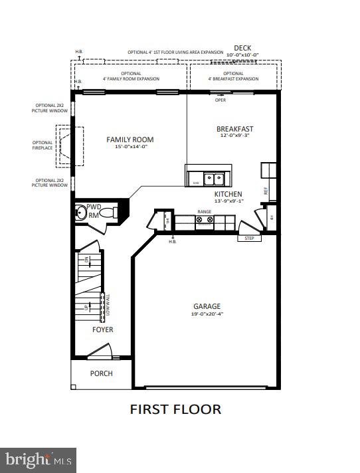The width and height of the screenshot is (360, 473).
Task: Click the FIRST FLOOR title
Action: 175,409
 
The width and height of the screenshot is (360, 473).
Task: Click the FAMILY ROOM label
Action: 130,140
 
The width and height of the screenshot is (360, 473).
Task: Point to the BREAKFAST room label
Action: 234,129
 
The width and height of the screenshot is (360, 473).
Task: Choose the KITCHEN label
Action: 228,194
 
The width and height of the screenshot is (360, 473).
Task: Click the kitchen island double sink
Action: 214,178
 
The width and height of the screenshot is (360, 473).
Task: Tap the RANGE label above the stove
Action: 204,212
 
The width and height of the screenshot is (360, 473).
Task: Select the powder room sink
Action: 82,213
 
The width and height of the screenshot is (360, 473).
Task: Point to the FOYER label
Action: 102,330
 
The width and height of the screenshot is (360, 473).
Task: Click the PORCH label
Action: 102,373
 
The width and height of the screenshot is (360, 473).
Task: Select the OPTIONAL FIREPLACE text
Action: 43,145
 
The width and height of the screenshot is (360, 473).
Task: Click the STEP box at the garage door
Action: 249,238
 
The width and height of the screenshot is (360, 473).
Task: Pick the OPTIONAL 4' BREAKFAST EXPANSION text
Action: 233,76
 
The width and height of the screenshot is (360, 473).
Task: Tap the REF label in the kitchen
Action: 266,191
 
